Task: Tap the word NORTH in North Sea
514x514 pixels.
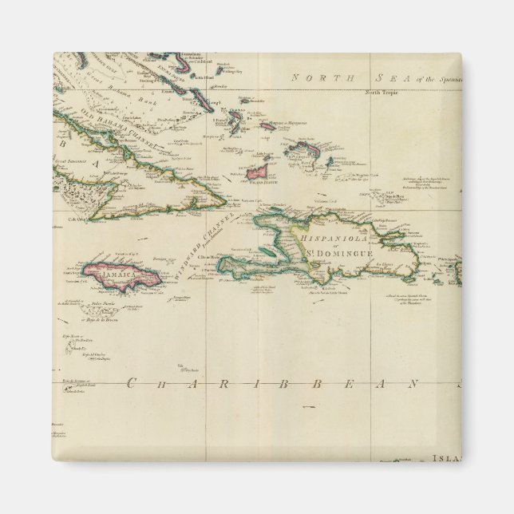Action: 316,77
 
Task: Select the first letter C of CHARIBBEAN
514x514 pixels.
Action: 130,384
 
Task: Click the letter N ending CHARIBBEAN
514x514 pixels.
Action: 416,384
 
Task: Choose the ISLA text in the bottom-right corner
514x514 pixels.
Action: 445,458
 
